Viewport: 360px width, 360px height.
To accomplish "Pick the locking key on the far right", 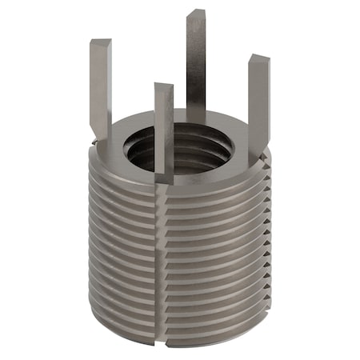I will (x=258, y=96).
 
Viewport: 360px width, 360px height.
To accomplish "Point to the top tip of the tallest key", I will (x=196, y=14).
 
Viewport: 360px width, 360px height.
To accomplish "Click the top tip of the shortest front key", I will (x=163, y=86).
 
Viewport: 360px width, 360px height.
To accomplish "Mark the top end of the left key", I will (x=100, y=42).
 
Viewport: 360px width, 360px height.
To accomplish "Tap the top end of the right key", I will (x=258, y=58).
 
